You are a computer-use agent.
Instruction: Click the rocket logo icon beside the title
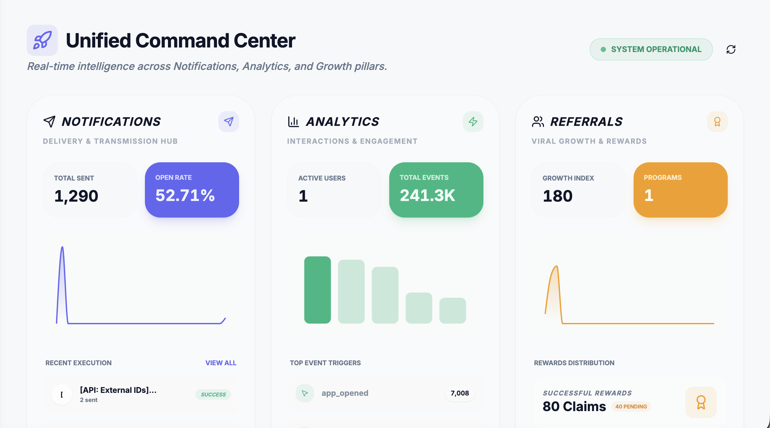[x=42, y=40]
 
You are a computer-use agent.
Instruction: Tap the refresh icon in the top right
[x=731, y=49]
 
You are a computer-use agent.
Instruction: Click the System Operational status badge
[x=651, y=49]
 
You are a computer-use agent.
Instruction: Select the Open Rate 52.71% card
[x=192, y=190]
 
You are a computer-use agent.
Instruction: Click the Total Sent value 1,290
[x=76, y=196]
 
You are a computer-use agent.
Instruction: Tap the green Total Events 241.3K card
[x=436, y=190]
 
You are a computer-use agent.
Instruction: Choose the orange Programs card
[x=681, y=190]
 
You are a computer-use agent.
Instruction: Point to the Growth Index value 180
[x=558, y=196]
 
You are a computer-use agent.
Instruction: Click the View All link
[x=221, y=363]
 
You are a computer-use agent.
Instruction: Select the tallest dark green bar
[x=317, y=290]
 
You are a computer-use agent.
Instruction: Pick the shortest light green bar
[x=453, y=311]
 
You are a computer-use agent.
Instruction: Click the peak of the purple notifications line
[x=62, y=247]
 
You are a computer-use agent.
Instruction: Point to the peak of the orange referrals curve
[x=557, y=266]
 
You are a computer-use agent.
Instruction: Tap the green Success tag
[x=213, y=395]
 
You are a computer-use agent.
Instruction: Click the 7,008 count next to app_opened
[x=460, y=393]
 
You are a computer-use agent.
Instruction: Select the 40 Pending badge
[x=631, y=407]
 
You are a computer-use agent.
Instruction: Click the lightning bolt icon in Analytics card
[x=473, y=122]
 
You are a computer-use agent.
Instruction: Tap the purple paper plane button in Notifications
[x=229, y=122]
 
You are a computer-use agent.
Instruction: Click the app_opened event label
[x=345, y=393]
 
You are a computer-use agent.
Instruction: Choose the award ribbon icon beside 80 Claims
[x=701, y=402]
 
